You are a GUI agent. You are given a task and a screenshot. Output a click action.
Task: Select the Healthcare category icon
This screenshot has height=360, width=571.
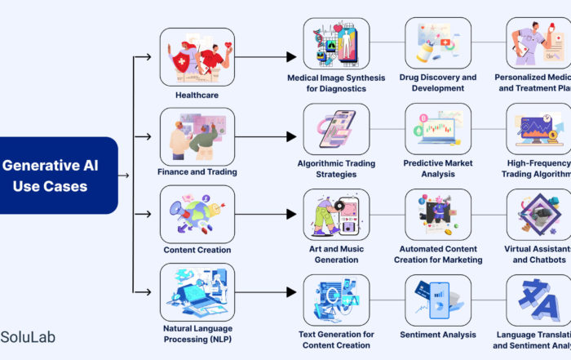[197, 56]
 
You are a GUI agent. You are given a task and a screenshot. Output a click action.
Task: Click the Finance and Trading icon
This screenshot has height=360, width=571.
[197, 134]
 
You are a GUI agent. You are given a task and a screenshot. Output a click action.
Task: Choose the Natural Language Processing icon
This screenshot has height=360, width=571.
[197, 290]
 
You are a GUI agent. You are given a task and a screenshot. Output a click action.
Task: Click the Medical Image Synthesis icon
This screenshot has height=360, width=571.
[336, 43]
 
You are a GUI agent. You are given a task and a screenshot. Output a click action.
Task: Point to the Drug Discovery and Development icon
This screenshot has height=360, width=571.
[438, 43]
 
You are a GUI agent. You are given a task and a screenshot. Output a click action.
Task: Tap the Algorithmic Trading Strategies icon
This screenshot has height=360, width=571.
[336, 129]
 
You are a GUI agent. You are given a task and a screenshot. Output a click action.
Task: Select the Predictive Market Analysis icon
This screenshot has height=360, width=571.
[438, 129]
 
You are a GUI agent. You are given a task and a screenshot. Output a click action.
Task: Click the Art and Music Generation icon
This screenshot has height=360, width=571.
[336, 215]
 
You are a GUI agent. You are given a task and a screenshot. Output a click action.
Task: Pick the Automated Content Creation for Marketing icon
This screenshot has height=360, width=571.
[438, 215]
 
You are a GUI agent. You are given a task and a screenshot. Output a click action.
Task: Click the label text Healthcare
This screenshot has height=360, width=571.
[197, 96]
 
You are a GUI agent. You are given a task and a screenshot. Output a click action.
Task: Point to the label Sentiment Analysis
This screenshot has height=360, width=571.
[438, 335]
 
